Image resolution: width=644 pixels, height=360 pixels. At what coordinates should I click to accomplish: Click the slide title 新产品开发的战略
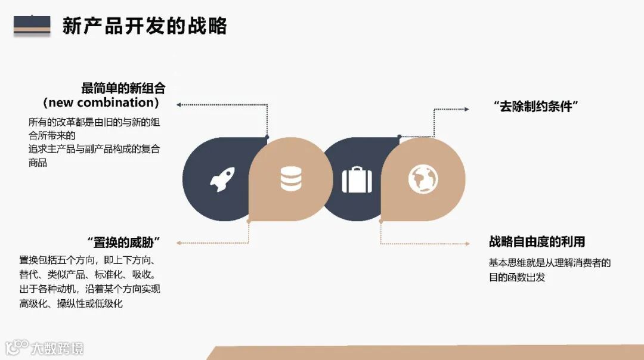[144, 26]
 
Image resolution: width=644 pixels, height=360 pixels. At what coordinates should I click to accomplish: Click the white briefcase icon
[357, 179]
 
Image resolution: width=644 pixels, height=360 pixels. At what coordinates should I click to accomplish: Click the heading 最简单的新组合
[123, 88]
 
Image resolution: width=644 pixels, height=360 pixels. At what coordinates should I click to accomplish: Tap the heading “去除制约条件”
[537, 107]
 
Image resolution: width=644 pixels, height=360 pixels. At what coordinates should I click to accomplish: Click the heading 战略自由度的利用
[537, 241]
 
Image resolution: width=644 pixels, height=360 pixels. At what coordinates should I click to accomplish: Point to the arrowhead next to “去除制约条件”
[467, 109]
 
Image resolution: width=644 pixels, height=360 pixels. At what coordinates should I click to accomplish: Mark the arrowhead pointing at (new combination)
[179, 105]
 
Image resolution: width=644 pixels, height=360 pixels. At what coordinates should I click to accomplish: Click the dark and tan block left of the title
[32, 25]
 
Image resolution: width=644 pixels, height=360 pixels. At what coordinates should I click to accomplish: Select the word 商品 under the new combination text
[38, 163]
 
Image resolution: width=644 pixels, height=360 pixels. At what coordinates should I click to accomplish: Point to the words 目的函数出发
[517, 277]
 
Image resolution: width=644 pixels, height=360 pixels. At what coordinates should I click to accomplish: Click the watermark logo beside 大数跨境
[17, 347]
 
